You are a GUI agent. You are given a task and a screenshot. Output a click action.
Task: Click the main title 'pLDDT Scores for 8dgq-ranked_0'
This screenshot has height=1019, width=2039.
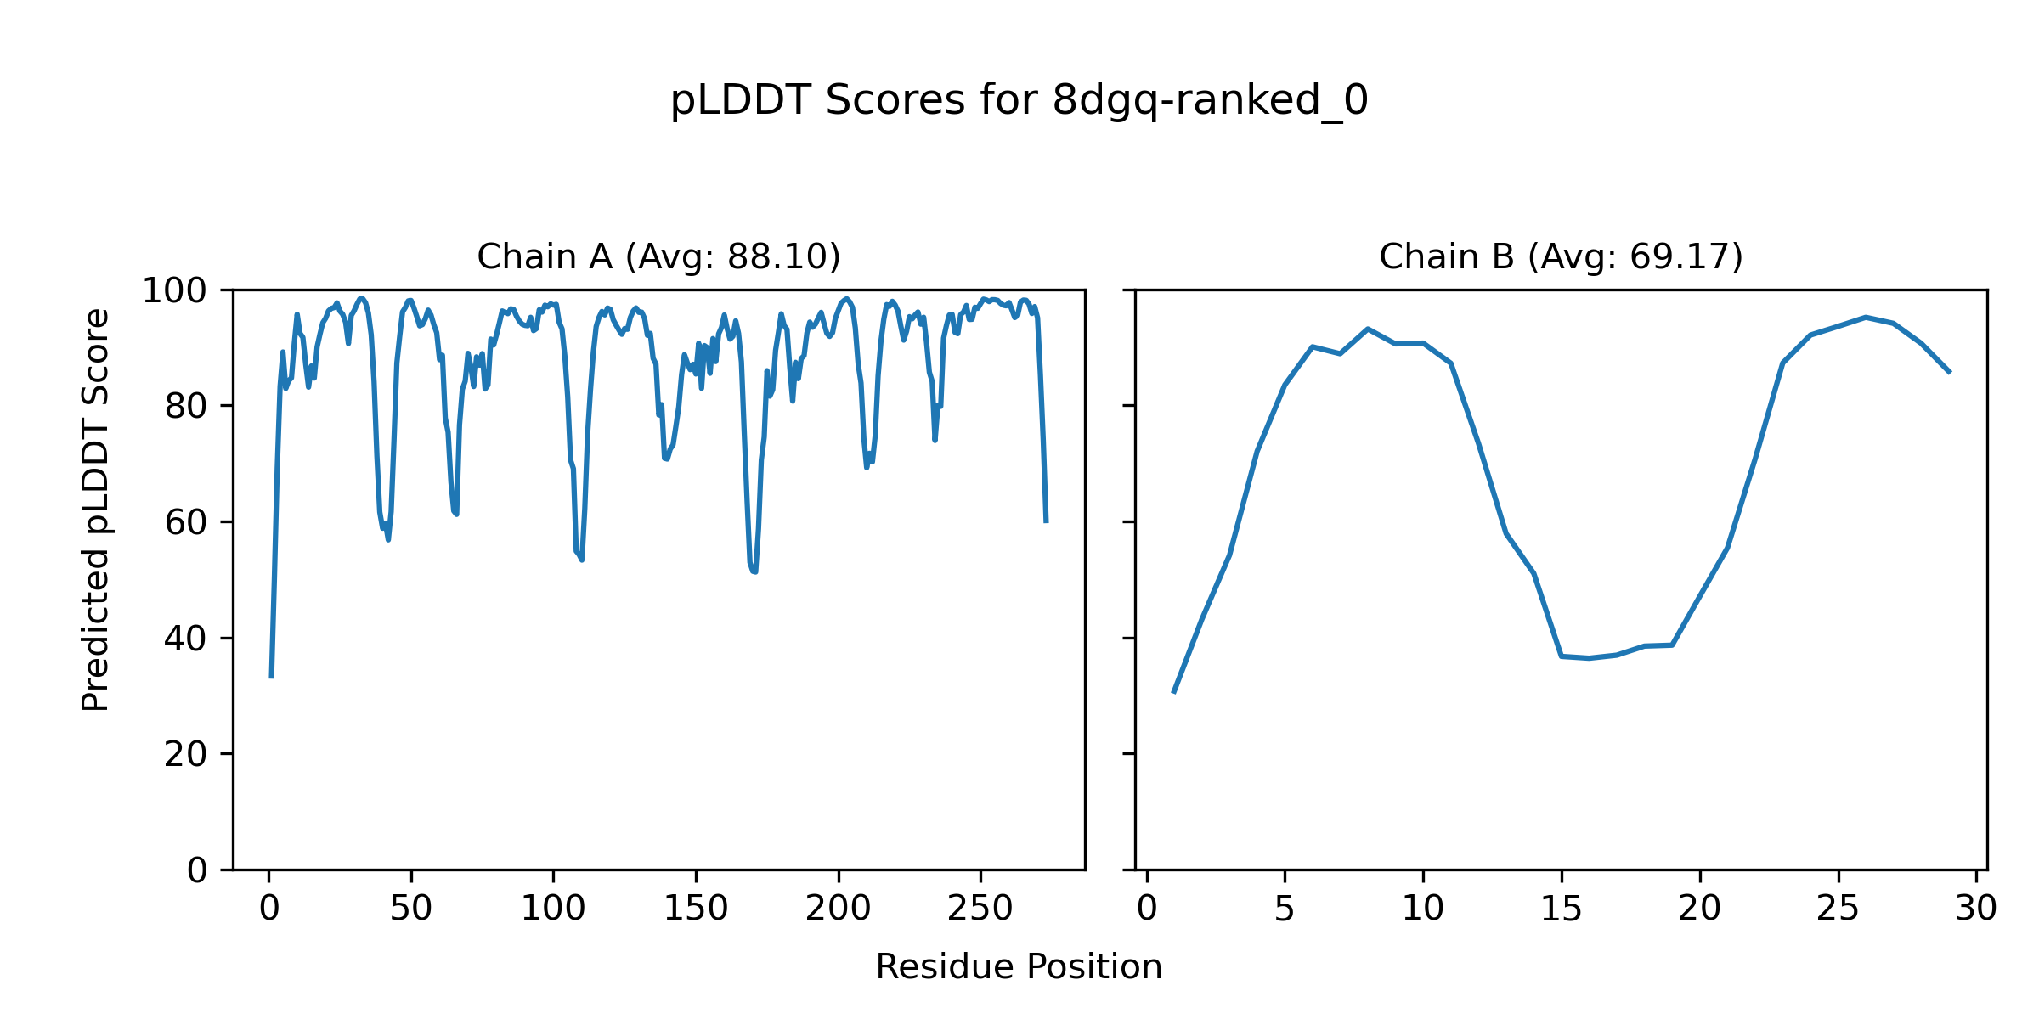1019,101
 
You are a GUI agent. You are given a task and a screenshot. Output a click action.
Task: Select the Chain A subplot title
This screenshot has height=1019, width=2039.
658,256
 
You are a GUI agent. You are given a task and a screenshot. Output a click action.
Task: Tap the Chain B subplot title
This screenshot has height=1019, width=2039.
1561,256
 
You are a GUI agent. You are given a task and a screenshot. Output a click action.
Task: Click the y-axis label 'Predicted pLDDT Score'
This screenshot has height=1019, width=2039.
95,509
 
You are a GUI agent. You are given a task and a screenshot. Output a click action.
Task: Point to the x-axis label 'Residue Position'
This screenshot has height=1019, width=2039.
1019,967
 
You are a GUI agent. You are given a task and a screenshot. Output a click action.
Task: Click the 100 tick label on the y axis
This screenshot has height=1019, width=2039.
174,291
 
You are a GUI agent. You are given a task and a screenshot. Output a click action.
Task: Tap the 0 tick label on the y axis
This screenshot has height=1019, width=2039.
197,871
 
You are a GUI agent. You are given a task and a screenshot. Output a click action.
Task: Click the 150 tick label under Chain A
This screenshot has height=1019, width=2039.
696,909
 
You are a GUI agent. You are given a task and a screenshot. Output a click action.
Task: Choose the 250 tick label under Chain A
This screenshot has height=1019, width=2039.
980,909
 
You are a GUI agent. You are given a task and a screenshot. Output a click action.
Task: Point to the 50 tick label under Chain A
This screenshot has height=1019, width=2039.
411,909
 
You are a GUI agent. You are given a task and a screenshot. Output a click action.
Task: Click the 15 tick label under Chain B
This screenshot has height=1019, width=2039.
1561,909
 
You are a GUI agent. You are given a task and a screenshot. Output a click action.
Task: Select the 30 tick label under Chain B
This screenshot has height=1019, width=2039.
1976,909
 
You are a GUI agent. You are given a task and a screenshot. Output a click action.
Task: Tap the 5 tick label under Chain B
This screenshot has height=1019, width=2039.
1285,909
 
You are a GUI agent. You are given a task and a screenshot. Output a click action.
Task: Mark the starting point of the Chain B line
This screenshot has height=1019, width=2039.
1173,693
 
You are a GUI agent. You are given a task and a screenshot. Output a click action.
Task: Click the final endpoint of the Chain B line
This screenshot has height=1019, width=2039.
1950,372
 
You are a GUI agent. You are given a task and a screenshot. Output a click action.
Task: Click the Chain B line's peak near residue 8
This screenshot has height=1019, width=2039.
1367,329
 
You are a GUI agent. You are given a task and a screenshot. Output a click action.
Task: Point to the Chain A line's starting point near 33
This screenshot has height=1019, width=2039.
271,678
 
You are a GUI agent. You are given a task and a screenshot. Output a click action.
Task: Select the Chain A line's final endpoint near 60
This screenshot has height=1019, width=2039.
1046,521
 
